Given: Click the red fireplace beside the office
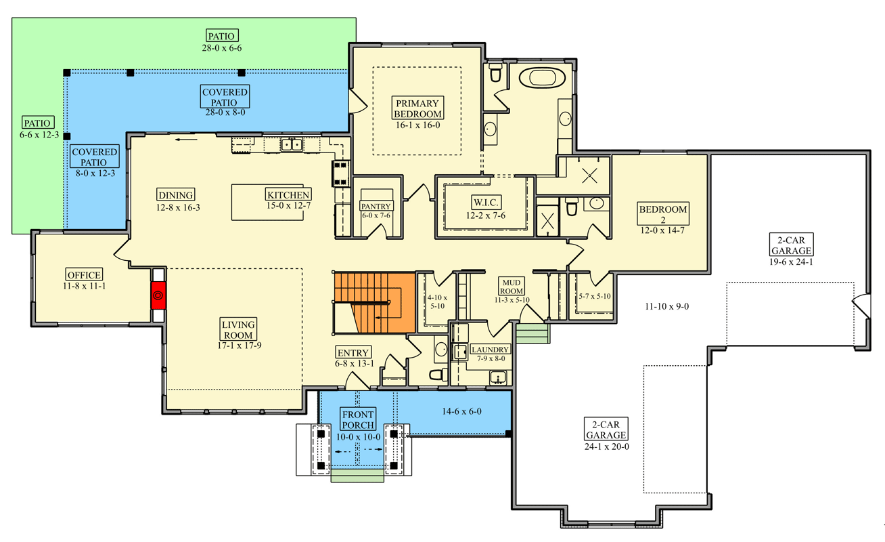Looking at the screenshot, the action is pos(158,295).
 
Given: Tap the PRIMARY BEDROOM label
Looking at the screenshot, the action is pos(417,108).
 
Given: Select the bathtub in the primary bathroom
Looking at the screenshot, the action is pos(543,77).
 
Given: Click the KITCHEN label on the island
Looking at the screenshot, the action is pos(288,194).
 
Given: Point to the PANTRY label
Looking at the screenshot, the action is pos(376,206).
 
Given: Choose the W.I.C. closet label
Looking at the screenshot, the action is pos(486,202).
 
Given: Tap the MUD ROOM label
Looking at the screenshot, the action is pos(512,287).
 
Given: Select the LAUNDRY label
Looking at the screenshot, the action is pos(490,350).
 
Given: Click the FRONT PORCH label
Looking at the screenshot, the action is pos(358,420).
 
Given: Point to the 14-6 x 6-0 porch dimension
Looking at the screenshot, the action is pos(461,411).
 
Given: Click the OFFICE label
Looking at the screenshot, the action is pos(84,274).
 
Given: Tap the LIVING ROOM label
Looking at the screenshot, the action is pos(238,329).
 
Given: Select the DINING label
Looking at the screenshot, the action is pos(175,194).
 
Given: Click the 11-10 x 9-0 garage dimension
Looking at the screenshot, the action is pos(667,307).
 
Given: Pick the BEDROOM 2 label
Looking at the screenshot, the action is pos(663,214).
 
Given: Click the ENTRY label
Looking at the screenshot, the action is pos(353,352).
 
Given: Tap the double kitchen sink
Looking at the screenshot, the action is pos(292,145).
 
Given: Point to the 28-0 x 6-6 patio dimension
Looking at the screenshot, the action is pos(222,48).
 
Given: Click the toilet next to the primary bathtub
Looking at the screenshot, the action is pos(495,72).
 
